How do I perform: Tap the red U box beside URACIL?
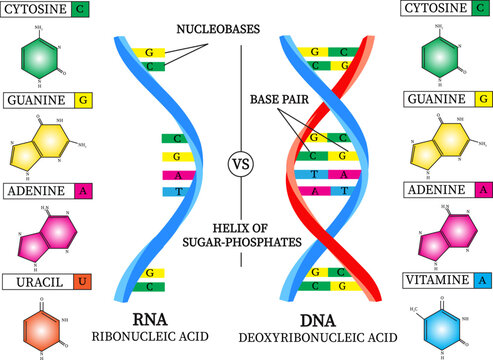click(x=84, y=282)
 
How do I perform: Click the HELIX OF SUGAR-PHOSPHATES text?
click(x=241, y=234)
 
